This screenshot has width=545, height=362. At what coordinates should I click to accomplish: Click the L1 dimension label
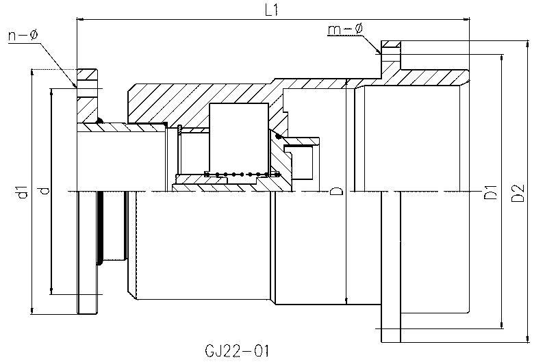271,10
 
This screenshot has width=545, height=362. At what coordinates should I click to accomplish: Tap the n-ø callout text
23,35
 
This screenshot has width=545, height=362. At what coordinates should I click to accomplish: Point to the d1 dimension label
23,192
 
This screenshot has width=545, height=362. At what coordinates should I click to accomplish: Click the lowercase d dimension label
45,190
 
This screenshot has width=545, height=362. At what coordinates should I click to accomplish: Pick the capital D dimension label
336,190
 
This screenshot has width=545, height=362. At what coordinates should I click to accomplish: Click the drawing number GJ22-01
238,351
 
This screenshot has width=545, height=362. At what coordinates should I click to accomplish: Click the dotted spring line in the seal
242,174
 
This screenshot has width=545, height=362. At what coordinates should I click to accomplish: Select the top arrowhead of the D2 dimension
528,43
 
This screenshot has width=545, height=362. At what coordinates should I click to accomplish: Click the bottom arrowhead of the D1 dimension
501,325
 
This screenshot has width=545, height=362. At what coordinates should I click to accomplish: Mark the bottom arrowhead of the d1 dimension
31,311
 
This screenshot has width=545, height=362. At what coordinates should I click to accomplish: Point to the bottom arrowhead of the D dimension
346,301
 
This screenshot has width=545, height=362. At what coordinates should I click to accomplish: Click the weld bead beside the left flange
100,120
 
